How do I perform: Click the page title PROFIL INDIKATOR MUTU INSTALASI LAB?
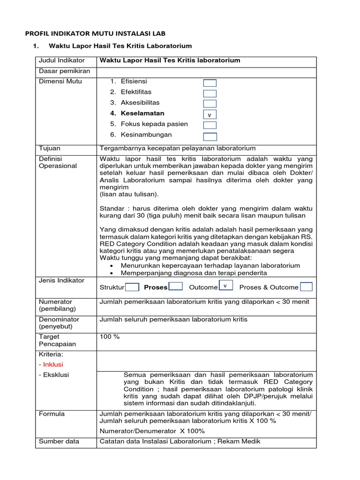click(95, 33)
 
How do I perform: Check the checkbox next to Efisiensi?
click(210, 83)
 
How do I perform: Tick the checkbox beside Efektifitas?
click(210, 93)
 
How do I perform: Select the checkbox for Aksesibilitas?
click(210, 104)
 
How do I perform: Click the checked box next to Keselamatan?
click(210, 115)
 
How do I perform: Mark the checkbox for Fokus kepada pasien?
click(210, 125)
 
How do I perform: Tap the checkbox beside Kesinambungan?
click(210, 136)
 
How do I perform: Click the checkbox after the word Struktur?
click(132, 287)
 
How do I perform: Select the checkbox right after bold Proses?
click(175, 286)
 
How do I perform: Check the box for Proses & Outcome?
click(307, 287)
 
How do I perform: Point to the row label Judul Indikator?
click(62, 60)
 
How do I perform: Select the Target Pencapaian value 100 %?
click(110, 337)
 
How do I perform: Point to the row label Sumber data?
click(59, 441)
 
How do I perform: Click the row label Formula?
click(52, 414)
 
